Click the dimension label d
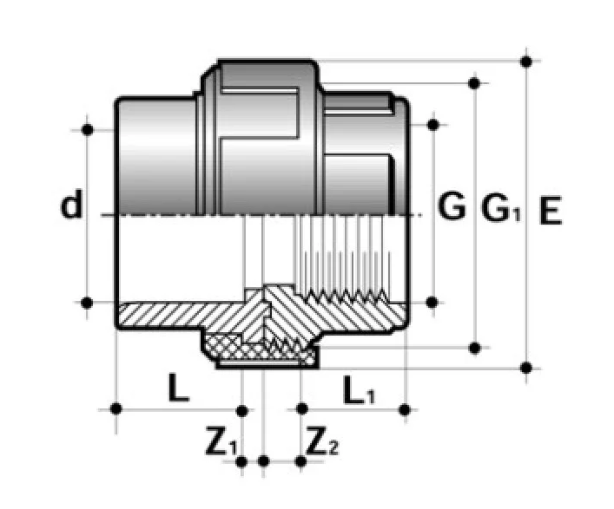pos(71,204)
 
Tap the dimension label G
pos(452,206)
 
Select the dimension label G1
pos(501,208)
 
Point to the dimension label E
pos(551,210)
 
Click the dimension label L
pos(179,388)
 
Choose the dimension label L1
pos(359,389)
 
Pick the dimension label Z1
pos(221,441)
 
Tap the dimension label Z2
pos(322,441)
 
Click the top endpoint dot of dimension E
pos(526,62)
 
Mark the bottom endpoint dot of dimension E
pos(526,368)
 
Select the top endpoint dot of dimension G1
pos(474,83)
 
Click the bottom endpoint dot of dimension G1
pos(474,348)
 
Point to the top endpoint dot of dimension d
pos(88,129)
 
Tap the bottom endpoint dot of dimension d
pos(87,303)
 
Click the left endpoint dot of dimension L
pos(116,409)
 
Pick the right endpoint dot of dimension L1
pos(406,409)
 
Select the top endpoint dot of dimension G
pos(433,125)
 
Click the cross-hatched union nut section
pos(259,350)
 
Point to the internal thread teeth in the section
pos(345,297)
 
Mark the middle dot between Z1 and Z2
pos(263,461)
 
